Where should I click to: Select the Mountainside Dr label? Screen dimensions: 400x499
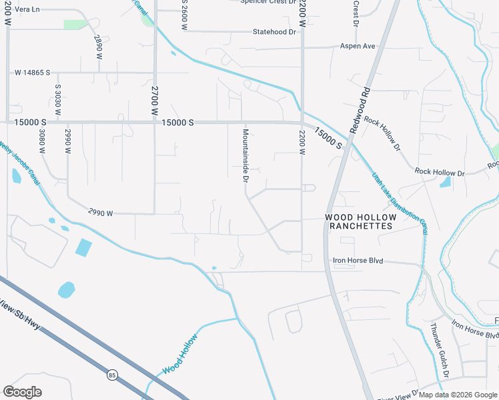(x=245, y=157)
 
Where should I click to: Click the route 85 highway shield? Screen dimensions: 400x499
(x=111, y=375)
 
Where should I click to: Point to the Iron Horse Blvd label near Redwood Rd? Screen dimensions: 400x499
(x=358, y=261)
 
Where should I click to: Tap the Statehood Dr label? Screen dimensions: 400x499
(x=274, y=32)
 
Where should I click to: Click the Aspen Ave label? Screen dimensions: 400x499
(x=358, y=46)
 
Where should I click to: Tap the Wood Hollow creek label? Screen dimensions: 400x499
(x=179, y=352)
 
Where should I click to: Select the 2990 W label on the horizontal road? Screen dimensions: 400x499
(x=100, y=213)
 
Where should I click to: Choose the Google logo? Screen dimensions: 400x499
(x=22, y=391)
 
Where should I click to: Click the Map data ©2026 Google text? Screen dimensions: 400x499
(x=457, y=395)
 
